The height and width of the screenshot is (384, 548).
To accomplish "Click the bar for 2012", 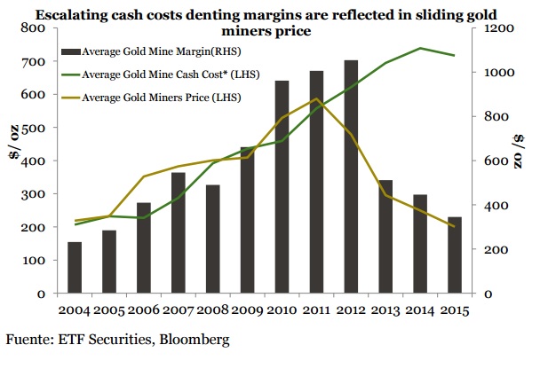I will [x=351, y=177].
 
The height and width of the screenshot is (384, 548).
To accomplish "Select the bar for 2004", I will [x=75, y=268].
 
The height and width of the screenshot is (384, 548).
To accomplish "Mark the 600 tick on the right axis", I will [x=492, y=161].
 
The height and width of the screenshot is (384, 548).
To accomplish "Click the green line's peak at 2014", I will [x=420, y=48].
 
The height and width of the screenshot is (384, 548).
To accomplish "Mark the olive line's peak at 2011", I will [x=316, y=99].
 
